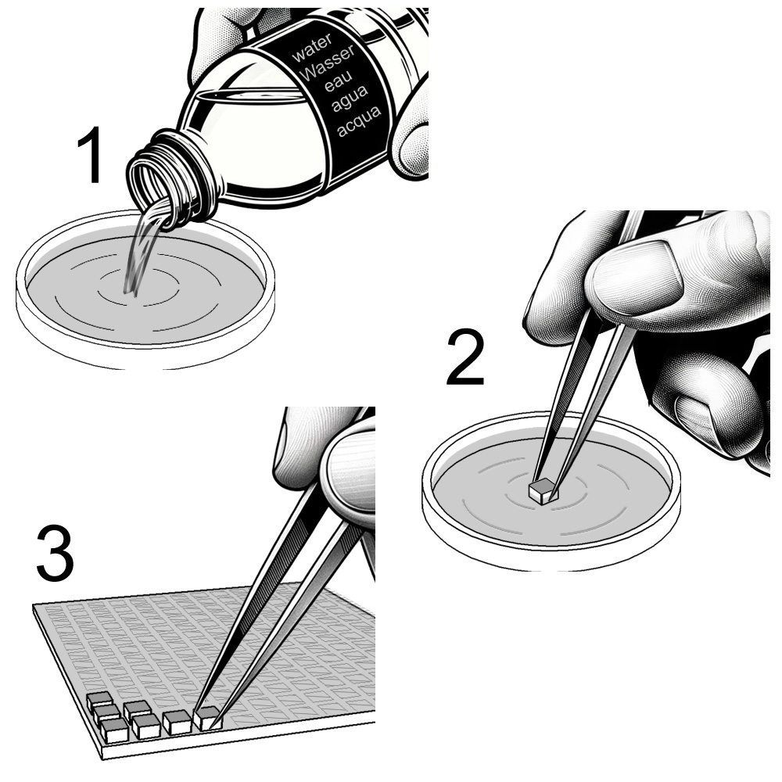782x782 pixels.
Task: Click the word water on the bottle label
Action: pos(312,48)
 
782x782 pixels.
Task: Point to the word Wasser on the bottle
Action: pos(328,63)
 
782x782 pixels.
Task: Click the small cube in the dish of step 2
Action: pos(542,490)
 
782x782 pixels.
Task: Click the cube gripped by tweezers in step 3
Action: pos(207,719)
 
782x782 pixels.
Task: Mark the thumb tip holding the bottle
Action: pos(411,149)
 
